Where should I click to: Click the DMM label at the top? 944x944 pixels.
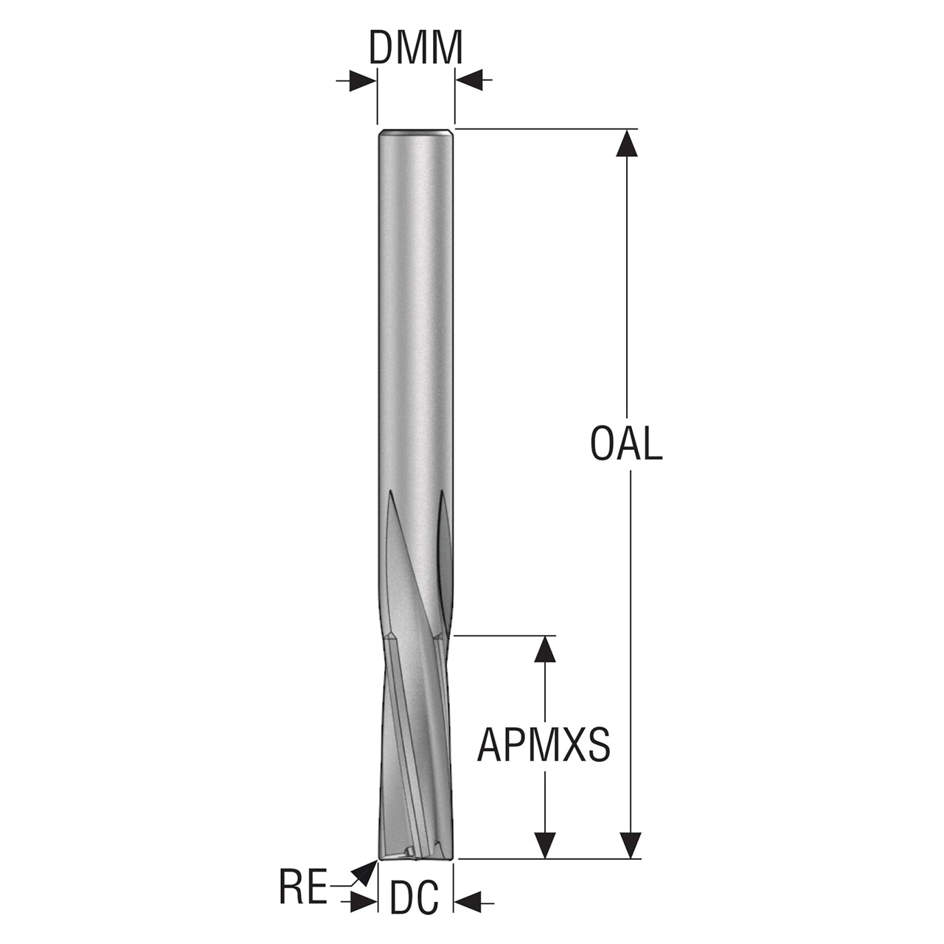coord(415,47)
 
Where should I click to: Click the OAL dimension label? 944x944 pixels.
coord(627,443)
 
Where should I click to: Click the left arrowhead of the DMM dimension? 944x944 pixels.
coord(363,80)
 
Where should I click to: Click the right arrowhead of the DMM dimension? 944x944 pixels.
coord(469,80)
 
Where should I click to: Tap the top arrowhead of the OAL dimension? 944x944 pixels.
coord(627,142)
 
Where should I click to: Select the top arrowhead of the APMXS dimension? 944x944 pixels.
coord(545,649)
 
